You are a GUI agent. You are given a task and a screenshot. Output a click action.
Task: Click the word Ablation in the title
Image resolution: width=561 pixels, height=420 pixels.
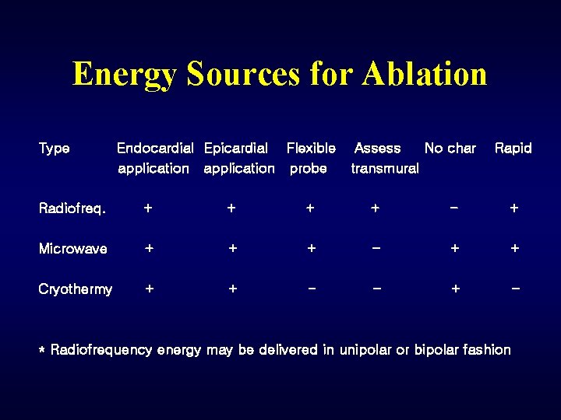(425, 74)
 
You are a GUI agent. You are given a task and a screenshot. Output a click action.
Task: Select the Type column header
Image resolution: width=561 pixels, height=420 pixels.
(54, 149)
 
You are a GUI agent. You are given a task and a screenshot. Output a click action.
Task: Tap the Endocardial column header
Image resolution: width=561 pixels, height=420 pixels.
(154, 158)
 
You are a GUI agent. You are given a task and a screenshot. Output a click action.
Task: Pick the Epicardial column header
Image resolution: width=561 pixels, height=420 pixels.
(238, 158)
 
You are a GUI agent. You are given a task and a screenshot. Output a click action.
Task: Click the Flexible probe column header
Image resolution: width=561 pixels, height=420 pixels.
(310, 158)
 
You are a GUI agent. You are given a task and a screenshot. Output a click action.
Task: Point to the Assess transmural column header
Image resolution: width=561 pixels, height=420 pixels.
(383, 158)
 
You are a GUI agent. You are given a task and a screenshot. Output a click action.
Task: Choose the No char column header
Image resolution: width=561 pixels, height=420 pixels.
(450, 149)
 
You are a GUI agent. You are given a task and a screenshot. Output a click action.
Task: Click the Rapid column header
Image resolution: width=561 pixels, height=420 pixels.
(513, 149)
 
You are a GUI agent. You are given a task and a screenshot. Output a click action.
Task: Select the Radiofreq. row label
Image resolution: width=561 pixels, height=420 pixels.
(72, 208)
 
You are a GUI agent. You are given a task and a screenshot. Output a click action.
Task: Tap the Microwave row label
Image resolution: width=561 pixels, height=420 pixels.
(72, 249)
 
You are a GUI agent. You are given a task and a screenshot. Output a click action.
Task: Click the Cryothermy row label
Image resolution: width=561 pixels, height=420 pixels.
(75, 289)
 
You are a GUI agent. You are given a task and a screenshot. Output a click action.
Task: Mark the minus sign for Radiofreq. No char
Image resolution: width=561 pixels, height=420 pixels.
(454, 208)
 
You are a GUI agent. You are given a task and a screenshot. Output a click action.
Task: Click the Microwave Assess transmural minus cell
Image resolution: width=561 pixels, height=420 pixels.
(376, 248)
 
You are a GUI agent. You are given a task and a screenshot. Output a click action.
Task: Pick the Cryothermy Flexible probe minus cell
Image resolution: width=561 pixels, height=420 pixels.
(311, 289)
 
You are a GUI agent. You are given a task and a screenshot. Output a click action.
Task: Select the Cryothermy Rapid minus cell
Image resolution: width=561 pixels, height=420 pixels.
(514, 289)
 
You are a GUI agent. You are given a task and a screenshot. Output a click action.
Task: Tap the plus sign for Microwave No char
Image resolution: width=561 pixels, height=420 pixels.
(455, 249)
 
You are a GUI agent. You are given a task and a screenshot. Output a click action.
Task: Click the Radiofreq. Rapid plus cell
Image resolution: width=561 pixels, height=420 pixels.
(513, 208)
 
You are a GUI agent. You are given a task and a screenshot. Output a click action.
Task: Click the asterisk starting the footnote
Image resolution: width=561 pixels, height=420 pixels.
(42, 352)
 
